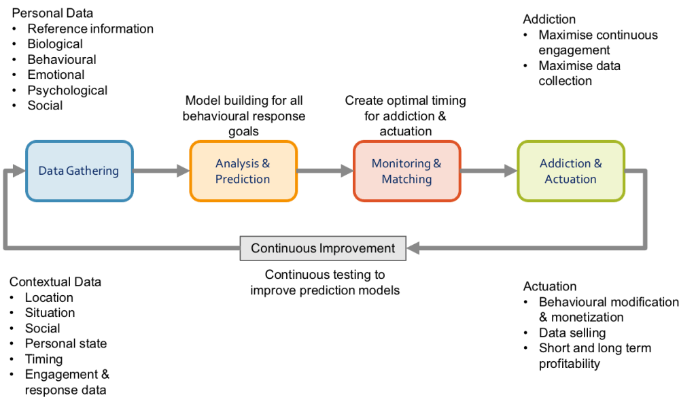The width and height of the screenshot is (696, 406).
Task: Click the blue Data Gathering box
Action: (79, 171)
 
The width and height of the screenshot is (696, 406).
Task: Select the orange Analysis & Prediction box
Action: (243, 171)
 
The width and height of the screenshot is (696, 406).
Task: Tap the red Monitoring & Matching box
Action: (406, 171)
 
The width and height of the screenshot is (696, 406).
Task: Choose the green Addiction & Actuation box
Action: (570, 171)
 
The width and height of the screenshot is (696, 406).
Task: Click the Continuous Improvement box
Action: (323, 248)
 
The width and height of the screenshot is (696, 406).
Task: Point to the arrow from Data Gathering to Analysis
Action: (161, 171)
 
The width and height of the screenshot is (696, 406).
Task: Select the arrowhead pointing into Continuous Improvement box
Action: (413, 249)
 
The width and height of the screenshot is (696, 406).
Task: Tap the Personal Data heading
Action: (52, 13)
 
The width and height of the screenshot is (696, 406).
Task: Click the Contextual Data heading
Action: (56, 282)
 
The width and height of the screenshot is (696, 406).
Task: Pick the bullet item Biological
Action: (55, 44)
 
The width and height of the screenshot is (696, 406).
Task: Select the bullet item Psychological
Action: (67, 90)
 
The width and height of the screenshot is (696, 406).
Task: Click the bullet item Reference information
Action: (90, 29)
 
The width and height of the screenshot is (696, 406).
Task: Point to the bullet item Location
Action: (49, 297)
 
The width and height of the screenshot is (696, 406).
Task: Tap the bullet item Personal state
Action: (66, 343)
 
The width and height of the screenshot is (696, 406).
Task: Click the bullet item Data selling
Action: (572, 333)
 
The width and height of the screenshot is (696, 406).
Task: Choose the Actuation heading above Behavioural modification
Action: (550, 286)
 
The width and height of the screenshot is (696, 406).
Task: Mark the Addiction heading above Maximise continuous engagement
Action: (549, 19)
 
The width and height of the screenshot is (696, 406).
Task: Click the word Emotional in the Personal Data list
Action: (56, 75)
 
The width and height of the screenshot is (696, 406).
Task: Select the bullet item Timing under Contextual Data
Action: (43, 359)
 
